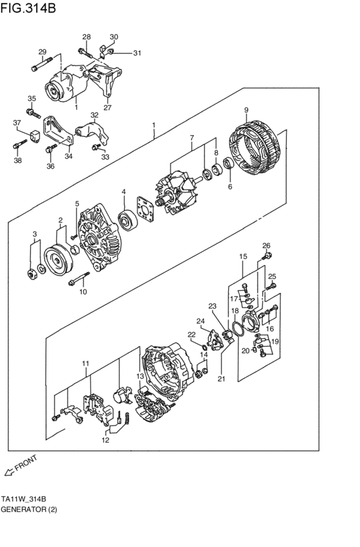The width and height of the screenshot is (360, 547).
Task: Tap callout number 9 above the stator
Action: (x=246, y=110)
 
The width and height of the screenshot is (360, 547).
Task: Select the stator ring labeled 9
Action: (x=257, y=147)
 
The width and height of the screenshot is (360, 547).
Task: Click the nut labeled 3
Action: (x=32, y=275)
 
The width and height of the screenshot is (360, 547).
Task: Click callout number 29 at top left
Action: (x=42, y=52)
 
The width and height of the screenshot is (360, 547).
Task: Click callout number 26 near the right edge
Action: (x=266, y=245)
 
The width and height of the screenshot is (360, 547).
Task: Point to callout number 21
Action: (x=222, y=379)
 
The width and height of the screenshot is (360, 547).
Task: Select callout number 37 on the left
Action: (x=17, y=122)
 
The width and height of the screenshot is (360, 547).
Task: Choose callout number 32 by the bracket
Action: (x=94, y=116)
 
